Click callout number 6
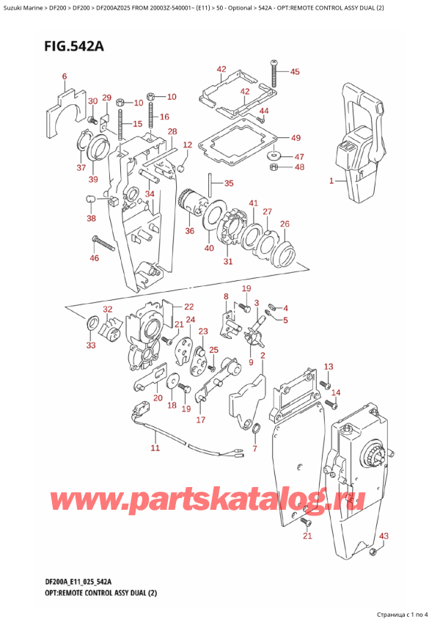click(65, 77)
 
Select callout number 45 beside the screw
click(295, 72)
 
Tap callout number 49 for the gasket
click(296, 138)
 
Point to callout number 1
click(331, 180)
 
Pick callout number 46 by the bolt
click(93, 258)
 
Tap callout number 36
click(190, 232)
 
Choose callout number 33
click(90, 345)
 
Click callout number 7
click(254, 448)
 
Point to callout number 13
click(329, 367)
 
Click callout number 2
click(262, 356)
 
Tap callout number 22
click(188, 307)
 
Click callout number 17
click(200, 420)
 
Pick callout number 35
click(229, 183)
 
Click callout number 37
click(81, 168)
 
